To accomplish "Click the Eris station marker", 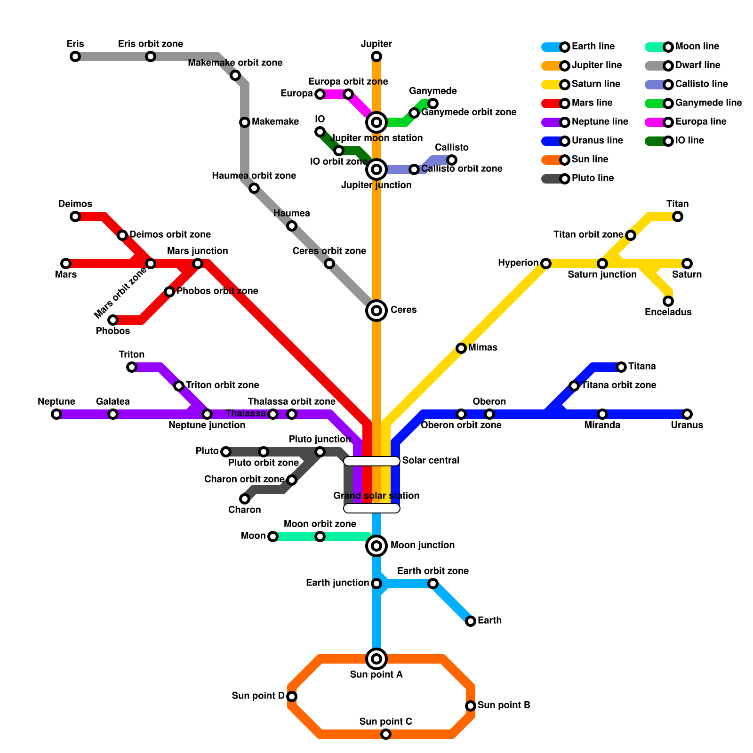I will click(x=75, y=56).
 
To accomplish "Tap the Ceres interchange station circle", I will click(x=376, y=311).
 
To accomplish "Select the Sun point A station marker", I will click(x=376, y=659).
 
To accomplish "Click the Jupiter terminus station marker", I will click(x=376, y=56).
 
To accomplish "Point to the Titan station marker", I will click(x=678, y=216).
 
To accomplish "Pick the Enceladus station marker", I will click(x=668, y=301).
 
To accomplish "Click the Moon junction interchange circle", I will click(x=376, y=546).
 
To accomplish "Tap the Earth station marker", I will click(x=471, y=621).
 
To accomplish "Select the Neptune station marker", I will click(x=56, y=414).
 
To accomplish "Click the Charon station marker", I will click(x=245, y=499).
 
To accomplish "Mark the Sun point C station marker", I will click(x=386, y=734).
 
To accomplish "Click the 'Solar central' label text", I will click(x=431, y=460).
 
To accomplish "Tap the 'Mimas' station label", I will click(x=483, y=347).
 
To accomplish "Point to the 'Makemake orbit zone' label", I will click(x=235, y=63).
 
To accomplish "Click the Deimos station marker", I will click(x=75, y=216).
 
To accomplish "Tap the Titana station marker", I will click(x=621, y=367).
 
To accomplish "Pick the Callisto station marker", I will click(x=452, y=160).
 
